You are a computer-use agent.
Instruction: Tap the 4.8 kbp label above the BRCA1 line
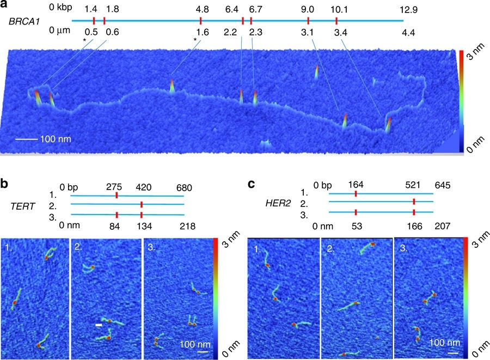[x=201, y=9]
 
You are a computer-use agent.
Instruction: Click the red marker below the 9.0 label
[x=308, y=21]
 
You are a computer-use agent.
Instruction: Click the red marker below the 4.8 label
[x=201, y=21]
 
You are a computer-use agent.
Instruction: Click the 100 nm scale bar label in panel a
[x=55, y=139]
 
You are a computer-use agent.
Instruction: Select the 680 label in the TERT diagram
[x=183, y=188]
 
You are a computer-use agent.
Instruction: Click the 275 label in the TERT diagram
[x=117, y=188]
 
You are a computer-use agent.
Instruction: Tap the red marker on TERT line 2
[x=141, y=204]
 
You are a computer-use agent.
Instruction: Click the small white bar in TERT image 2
[x=99, y=325]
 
